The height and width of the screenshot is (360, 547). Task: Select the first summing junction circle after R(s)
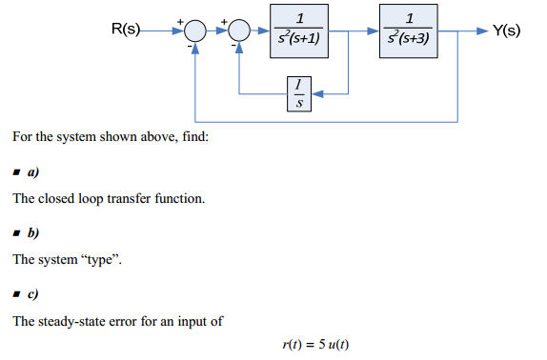[194, 31]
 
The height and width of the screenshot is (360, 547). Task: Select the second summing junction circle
[238, 31]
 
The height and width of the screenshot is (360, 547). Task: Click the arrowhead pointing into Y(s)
[479, 31]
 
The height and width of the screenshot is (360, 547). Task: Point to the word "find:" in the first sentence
[192, 139]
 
